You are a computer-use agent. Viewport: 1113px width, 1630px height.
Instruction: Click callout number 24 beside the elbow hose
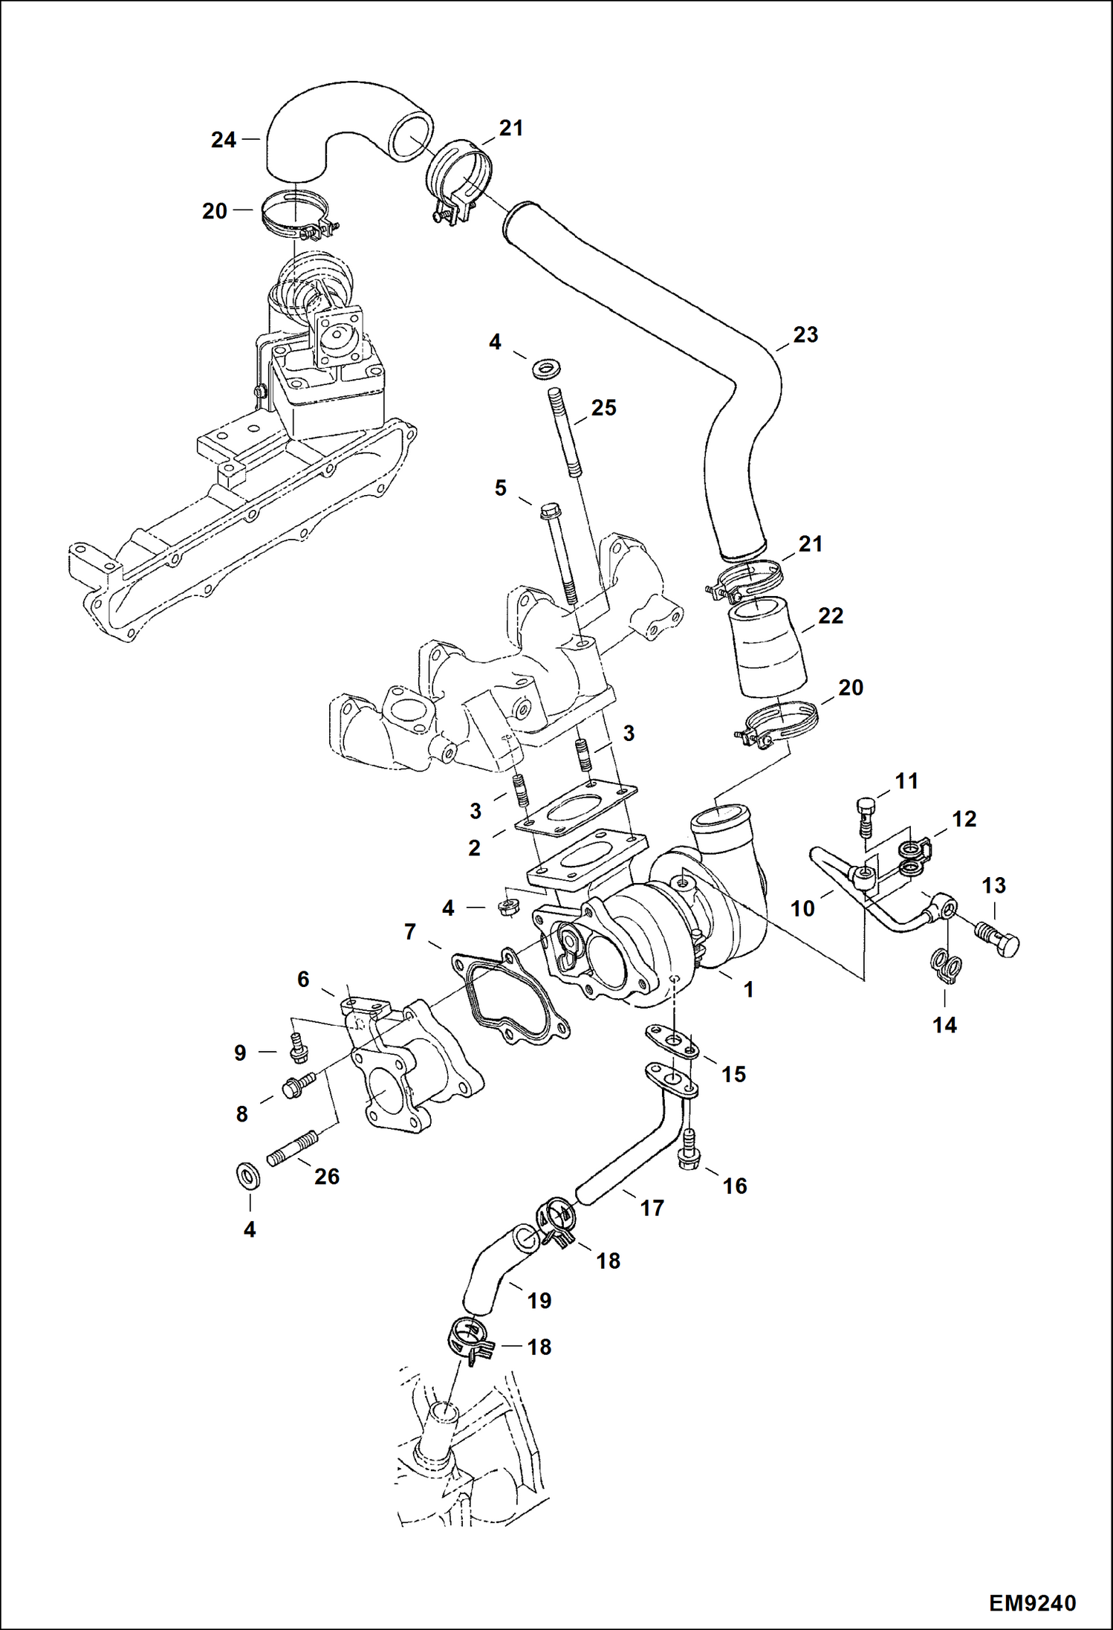click(x=223, y=140)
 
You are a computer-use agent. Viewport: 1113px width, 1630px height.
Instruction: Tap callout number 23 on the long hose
click(x=805, y=334)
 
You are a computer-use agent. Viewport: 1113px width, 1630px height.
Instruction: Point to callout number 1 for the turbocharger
click(x=749, y=989)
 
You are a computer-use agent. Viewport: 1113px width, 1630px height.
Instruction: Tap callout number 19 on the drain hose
click(x=539, y=1300)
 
